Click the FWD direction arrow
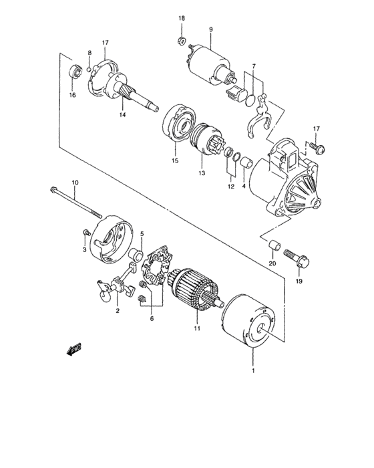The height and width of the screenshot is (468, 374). coord(74,348)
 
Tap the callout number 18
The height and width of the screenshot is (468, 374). coord(182,18)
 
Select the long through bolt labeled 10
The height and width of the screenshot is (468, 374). coord(76,203)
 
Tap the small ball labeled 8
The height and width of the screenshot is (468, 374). coord(89,70)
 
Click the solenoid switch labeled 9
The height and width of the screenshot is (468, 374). coord(211,66)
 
